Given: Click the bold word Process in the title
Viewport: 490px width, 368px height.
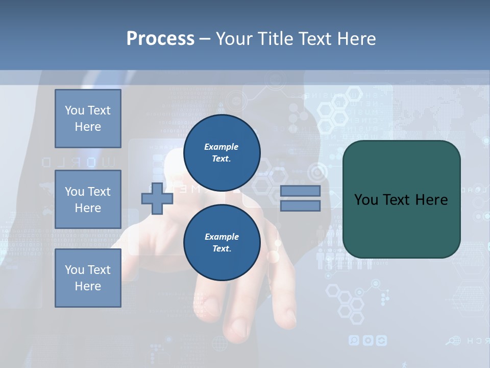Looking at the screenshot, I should pos(160,39).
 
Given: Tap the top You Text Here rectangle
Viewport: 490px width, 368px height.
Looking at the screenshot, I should pos(88,119).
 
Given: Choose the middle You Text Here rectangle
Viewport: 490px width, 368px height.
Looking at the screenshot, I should pos(88,199).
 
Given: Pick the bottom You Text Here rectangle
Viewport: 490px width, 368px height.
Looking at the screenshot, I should pos(88,278).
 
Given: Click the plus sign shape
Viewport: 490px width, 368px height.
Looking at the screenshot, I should pos(157,199).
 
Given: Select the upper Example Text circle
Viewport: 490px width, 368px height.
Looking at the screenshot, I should pos(222,153).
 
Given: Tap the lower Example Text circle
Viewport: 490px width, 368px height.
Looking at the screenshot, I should pos(222,243).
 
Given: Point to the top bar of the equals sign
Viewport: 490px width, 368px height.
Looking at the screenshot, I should pos(301,191).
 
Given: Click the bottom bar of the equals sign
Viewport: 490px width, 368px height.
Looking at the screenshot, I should pos(301,205).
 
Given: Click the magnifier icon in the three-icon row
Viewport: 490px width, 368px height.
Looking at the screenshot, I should pos(354,340).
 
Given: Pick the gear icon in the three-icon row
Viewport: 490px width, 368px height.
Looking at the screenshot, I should pos(367,340).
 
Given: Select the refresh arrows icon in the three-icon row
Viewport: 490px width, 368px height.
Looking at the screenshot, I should pos(381,340).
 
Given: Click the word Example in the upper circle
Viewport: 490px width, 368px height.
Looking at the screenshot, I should pos(222,147).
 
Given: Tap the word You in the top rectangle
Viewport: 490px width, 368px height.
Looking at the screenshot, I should pos(74,110).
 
